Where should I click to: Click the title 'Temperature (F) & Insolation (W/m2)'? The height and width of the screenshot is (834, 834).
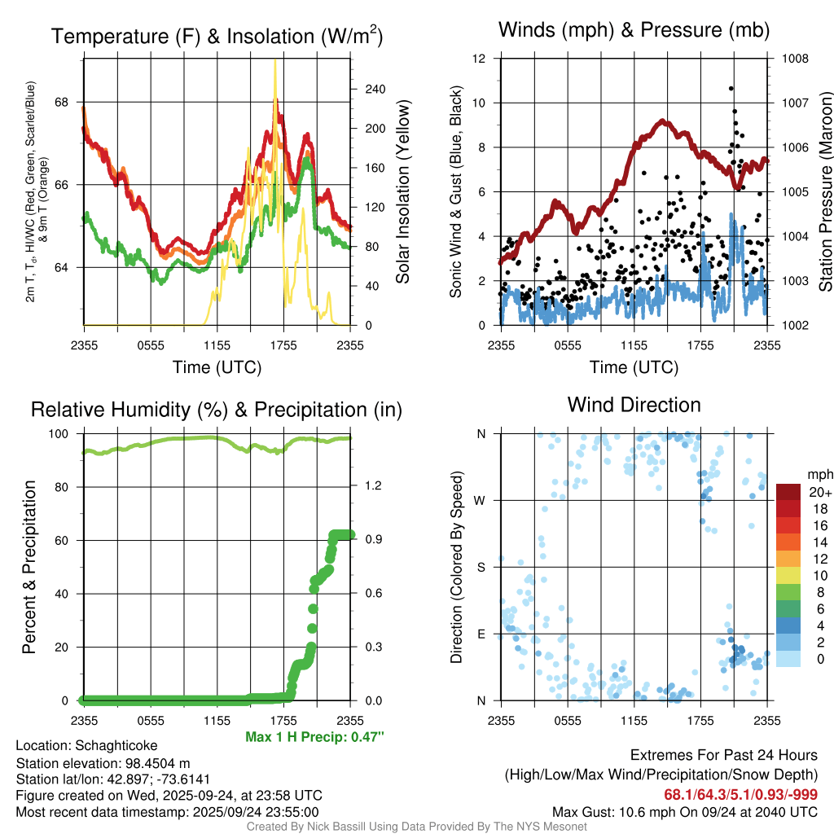click(217, 36)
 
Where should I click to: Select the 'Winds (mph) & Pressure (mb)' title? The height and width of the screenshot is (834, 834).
click(634, 30)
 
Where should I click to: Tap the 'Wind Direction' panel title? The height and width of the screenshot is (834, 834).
click(634, 405)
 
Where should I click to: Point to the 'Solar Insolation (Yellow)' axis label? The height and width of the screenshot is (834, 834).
click(402, 192)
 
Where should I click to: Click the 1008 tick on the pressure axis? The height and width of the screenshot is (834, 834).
click(793, 59)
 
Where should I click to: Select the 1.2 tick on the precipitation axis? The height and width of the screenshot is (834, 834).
click(374, 487)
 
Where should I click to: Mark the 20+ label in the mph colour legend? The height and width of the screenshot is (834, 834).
click(819, 492)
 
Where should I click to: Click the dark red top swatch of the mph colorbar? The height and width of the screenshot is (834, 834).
click(788, 492)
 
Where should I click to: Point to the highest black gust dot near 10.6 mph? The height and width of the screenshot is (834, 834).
click(731, 88)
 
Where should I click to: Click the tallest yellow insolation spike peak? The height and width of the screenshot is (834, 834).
click(275, 60)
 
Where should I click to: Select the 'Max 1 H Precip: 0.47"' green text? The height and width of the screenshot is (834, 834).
click(314, 737)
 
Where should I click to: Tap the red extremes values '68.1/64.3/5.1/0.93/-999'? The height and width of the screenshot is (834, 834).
click(740, 795)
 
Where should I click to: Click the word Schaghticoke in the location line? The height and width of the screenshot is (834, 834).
click(116, 745)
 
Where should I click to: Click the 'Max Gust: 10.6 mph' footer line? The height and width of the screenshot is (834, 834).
click(684, 811)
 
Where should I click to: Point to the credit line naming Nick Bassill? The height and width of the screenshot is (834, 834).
click(416, 827)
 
